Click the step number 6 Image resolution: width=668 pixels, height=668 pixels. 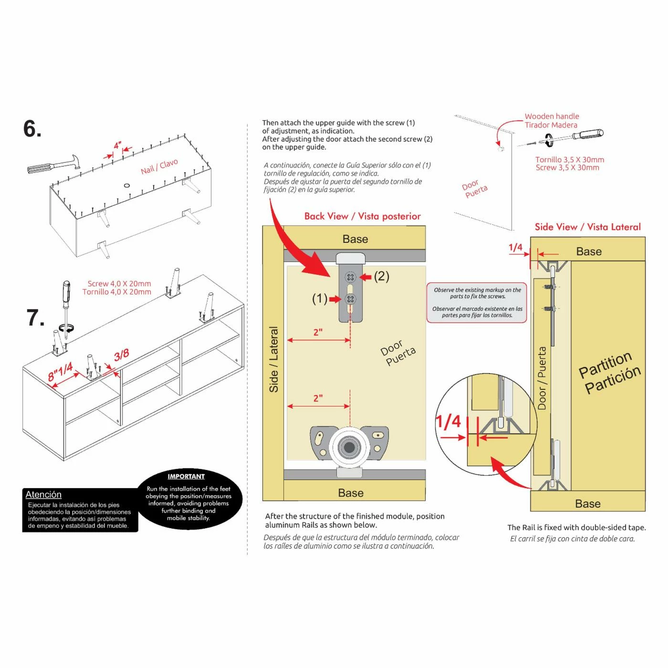pos(32,129)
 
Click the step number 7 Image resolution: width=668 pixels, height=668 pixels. pos(35,318)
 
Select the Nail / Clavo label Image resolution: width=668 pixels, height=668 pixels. pos(159,167)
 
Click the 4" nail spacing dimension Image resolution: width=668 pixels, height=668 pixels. pos(117,146)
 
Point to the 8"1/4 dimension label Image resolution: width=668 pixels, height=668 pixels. pos(61,371)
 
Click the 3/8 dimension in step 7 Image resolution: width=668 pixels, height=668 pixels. pos(121,355)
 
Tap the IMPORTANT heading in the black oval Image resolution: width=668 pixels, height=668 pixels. pos(186,476)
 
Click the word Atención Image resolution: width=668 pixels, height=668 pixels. pos(43,494)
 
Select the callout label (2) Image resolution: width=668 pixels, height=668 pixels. pos(381,276)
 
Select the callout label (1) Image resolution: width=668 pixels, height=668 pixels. pos(320,299)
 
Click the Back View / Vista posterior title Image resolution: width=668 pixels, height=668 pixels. pos(363,216)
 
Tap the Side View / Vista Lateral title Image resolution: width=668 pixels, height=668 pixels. pos(587,227)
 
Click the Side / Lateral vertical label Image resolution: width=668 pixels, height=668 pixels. pos(274,359)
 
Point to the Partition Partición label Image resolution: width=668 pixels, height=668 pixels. pos(609,373)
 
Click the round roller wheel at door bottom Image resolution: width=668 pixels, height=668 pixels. pos(349,447)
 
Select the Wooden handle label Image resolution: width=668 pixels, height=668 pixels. pos(552,116)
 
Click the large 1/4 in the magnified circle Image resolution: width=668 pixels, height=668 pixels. pos(449,421)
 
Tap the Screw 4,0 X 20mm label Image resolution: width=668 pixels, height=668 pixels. pos(119,284)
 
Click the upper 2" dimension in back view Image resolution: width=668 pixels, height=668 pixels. pos(318,333)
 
